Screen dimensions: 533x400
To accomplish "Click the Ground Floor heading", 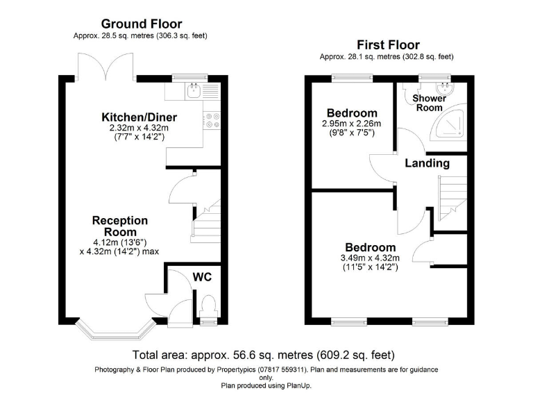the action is coord(142,24).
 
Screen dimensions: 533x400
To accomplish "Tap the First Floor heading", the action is coord(388,45).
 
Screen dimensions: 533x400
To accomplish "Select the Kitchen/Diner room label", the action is coord(139,117).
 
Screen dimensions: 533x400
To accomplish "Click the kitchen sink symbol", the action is coord(194,91).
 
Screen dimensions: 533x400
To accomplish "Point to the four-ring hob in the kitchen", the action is coord(212,120).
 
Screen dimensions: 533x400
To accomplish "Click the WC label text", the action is coord(202,277).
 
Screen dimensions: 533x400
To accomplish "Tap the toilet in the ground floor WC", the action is coord(208,307).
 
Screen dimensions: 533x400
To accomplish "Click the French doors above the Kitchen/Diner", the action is coord(105,67).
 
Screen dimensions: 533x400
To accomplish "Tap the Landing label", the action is coord(427,163).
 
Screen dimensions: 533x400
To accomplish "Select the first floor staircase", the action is coord(452,199).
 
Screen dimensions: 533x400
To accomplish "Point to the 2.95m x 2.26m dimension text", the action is coord(351,124).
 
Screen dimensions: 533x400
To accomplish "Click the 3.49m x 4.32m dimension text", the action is coord(370,258).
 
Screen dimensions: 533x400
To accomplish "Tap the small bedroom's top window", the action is coord(352,78).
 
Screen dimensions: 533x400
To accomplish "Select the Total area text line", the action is coord(264,355).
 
